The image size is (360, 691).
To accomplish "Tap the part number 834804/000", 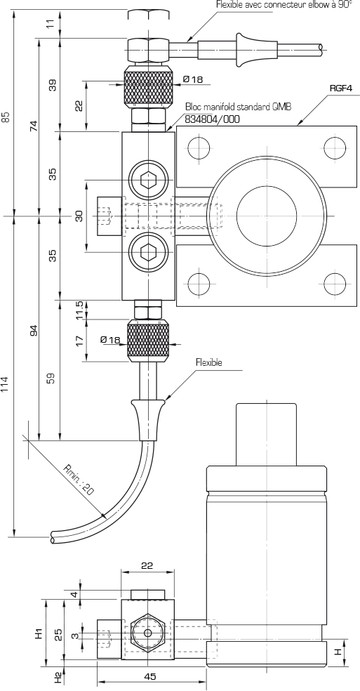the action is [x=213, y=119].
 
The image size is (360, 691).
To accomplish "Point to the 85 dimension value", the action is [x=6, y=117].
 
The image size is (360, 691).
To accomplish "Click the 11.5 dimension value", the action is [x=79, y=310].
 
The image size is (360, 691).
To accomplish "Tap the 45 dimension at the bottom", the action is [x=151, y=676].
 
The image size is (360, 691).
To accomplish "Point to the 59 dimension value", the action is [x=51, y=378].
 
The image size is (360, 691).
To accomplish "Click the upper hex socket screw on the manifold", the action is [x=147, y=180].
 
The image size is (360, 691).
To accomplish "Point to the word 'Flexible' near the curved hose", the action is [x=209, y=362].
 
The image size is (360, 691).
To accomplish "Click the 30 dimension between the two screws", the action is [x=79, y=216].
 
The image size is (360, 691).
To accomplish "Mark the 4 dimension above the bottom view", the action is [x=74, y=594].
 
